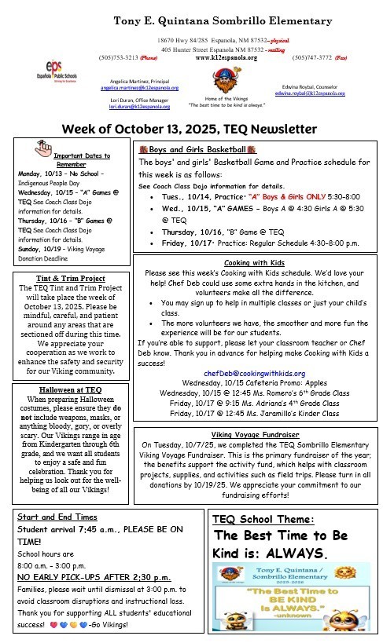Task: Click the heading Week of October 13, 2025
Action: point(192,128)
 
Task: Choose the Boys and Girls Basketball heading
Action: point(198,148)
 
